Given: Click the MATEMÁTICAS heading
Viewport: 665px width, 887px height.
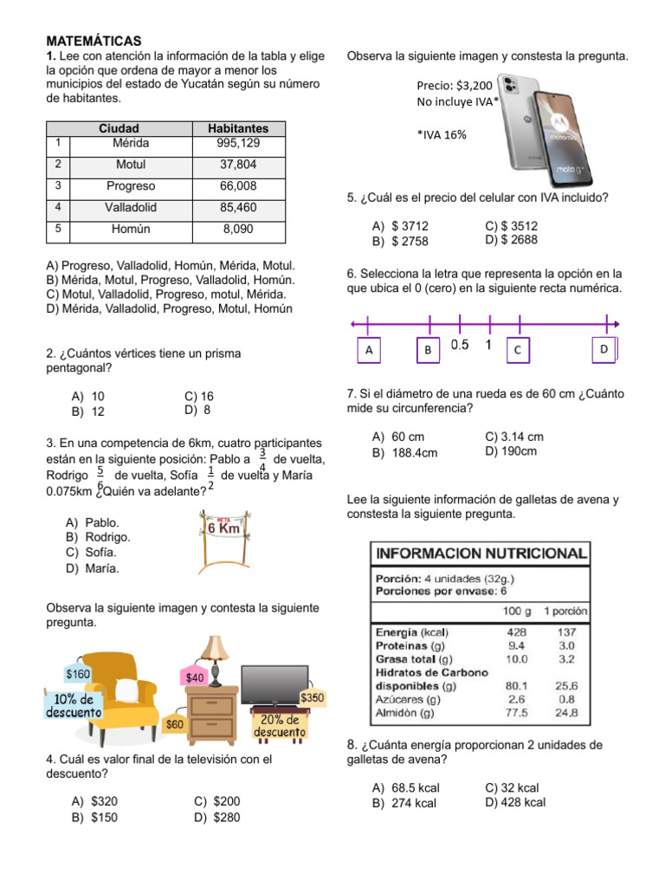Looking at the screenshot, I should (94, 42).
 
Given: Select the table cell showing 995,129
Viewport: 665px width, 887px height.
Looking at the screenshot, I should (238, 143).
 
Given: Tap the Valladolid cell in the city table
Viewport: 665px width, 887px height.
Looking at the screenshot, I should (131, 208).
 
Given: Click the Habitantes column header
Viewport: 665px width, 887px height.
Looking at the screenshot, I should (238, 128).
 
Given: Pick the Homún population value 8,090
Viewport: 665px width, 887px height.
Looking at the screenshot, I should (238, 230).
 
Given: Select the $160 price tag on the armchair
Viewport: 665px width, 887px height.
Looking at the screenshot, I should (78, 674).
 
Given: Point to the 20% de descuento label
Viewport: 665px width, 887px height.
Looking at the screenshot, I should (279, 727).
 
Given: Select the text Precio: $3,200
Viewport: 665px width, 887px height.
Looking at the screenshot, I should (454, 86).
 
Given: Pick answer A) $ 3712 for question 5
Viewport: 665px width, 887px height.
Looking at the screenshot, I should (400, 226).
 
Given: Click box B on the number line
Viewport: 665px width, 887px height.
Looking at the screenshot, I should (428, 350).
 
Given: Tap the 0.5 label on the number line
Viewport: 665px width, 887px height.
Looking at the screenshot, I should (459, 345).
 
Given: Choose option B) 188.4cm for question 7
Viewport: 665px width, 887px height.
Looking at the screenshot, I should (404, 452).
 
